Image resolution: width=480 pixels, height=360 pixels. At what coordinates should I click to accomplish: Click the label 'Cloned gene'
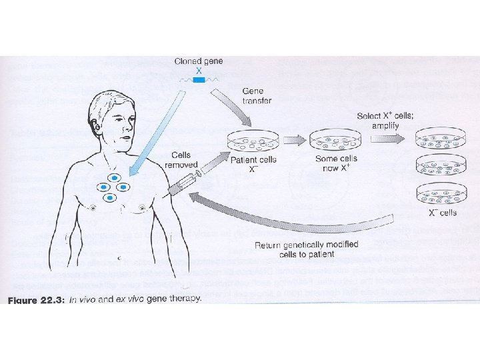pos(198,61)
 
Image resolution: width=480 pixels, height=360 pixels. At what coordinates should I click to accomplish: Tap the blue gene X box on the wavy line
pos(198,79)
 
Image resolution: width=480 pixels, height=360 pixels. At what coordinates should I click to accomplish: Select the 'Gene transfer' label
pos(256,95)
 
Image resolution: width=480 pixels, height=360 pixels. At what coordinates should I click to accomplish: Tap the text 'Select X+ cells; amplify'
pos(385,121)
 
